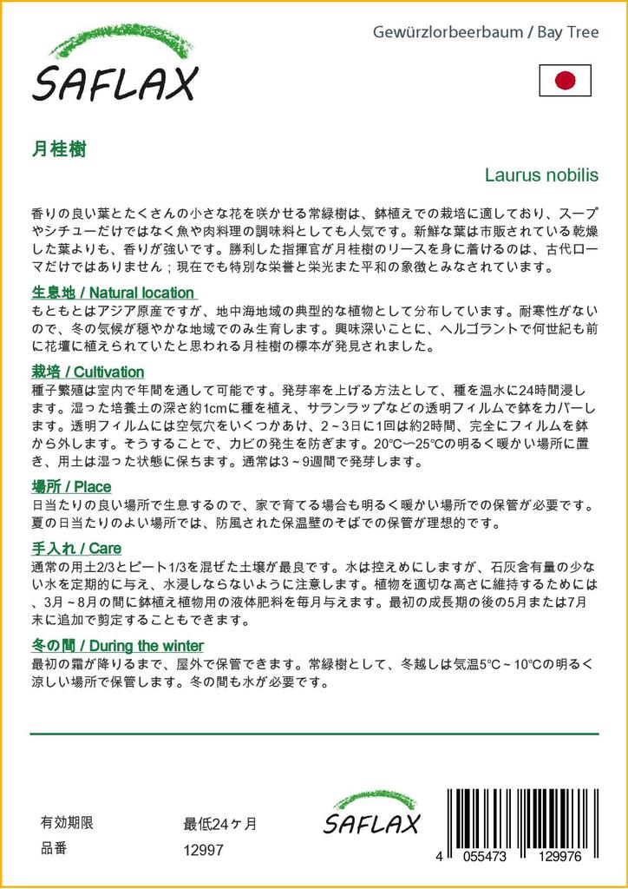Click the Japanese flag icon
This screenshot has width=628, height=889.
tap(565, 81)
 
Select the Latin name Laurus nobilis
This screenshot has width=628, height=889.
tap(541, 175)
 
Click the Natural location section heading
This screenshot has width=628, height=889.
tap(113, 293)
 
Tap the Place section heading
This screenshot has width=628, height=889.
tap(71, 486)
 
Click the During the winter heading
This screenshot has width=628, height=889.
tap(117, 645)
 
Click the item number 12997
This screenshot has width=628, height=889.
tap(204, 851)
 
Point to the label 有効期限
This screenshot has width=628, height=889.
tap(67, 823)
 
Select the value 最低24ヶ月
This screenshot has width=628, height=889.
tap(220, 824)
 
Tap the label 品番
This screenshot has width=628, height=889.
tap(54, 850)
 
